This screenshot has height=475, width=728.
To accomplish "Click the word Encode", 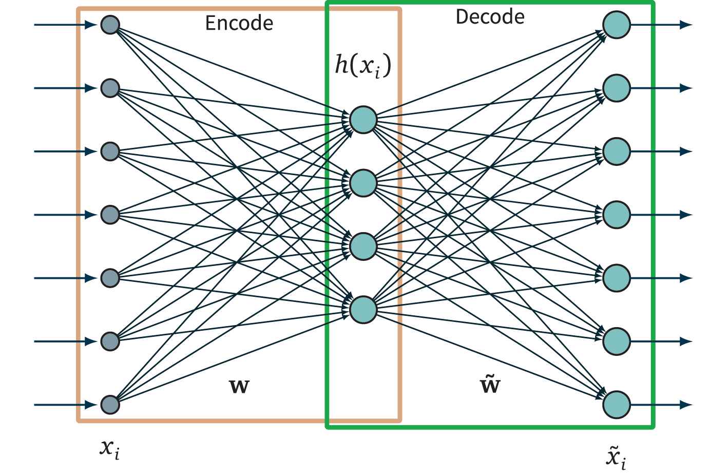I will pyautogui.click(x=239, y=23).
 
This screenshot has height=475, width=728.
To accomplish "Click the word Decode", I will pyautogui.click(x=490, y=17).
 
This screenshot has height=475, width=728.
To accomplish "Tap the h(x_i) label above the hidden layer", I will pyautogui.click(x=363, y=66).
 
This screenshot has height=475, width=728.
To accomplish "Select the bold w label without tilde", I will pyautogui.click(x=239, y=386).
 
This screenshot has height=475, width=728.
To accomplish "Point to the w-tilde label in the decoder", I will pyautogui.click(x=490, y=384).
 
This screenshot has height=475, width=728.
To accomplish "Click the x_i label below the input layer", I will pyautogui.click(x=110, y=449).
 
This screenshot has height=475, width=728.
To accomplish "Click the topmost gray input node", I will pyautogui.click(x=110, y=25).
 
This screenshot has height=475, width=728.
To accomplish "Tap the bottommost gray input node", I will pyautogui.click(x=110, y=405).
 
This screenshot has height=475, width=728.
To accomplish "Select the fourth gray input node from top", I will pyautogui.click(x=110, y=215).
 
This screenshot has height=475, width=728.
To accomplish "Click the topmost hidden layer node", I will pyautogui.click(x=363, y=120).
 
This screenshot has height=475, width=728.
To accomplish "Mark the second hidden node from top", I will pyautogui.click(x=363, y=183).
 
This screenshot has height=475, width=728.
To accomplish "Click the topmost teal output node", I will pyautogui.click(x=616, y=25).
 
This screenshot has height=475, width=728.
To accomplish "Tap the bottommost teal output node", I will pyautogui.click(x=616, y=405).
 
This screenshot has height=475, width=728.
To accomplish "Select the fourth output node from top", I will pyautogui.click(x=616, y=215).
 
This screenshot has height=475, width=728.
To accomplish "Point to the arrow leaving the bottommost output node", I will pyautogui.click(x=662, y=405).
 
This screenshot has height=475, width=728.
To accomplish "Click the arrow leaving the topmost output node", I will pyautogui.click(x=662, y=25).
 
